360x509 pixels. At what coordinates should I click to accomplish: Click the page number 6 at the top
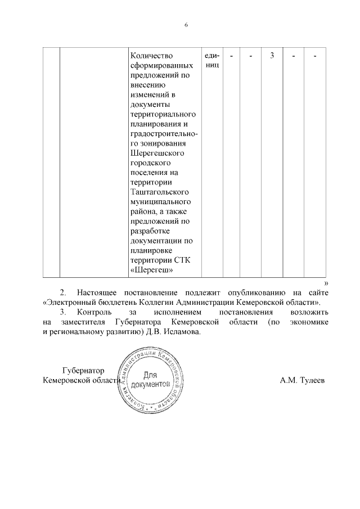point(185,25)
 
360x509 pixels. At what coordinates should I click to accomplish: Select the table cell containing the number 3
point(272,56)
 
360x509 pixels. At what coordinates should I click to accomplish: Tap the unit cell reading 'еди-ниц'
point(212,60)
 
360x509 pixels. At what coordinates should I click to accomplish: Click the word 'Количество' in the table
point(151,56)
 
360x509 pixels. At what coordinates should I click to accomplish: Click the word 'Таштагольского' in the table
point(159,192)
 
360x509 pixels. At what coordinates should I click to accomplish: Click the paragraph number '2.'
point(64,293)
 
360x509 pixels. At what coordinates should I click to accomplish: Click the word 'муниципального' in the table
point(160,201)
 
